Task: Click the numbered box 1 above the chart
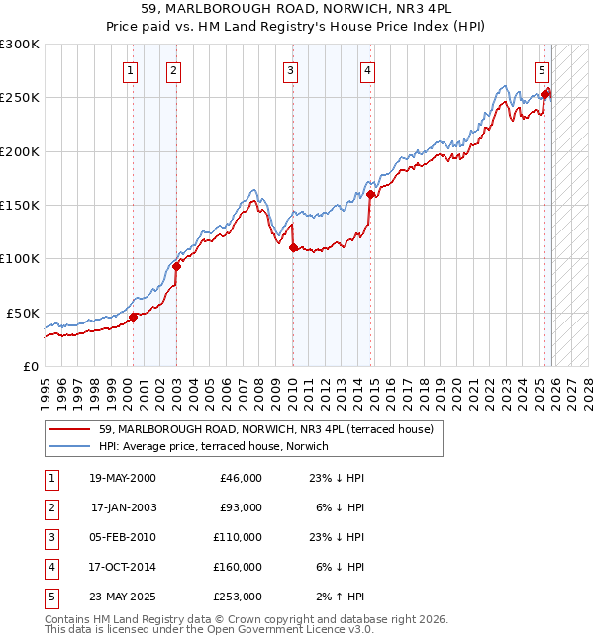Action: pyautogui.click(x=132, y=70)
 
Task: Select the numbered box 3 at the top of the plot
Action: pyautogui.click(x=291, y=70)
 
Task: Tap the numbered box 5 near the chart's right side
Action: pyautogui.click(x=543, y=70)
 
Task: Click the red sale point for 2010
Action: pyautogui.click(x=293, y=248)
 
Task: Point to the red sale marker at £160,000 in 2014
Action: pyautogui.click(x=370, y=195)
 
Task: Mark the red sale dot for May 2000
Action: pyautogui.click(x=133, y=317)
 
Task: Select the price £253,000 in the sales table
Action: pyautogui.click(x=238, y=597)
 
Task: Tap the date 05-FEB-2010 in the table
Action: pyautogui.click(x=123, y=537)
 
